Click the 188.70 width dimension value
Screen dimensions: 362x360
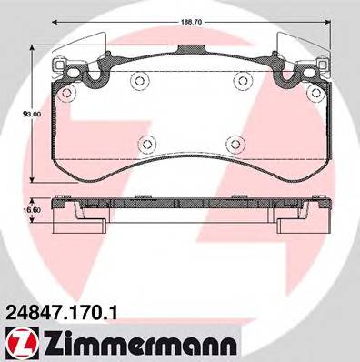pos(189,16)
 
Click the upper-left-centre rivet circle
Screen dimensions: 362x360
pos(139,83)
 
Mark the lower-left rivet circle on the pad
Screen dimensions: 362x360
pos(149,143)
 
